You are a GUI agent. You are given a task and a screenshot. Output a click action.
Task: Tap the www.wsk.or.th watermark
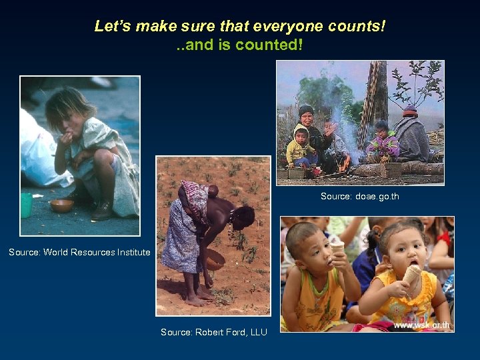[421, 325]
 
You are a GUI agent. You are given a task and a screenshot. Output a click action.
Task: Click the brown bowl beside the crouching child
[61, 205]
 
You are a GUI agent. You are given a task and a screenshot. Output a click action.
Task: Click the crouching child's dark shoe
[102, 211]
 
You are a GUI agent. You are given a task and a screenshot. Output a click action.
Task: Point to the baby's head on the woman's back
[212, 191]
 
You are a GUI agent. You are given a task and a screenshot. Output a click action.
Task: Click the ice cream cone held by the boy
[338, 248]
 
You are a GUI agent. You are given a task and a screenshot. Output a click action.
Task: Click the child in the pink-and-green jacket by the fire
[382, 144]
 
